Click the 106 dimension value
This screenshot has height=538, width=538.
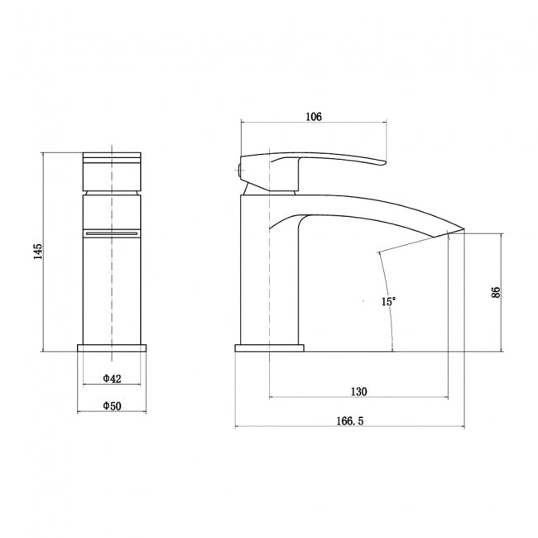point(313,117)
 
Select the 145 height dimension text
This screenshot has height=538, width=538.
point(36,252)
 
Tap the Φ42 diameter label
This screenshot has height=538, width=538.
point(113,378)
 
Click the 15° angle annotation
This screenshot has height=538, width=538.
point(388,302)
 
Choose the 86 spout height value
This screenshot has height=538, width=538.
point(495,292)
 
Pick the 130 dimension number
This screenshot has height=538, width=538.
point(359,391)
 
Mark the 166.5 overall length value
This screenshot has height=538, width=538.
point(350,421)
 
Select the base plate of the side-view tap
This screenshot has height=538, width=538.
point(270,348)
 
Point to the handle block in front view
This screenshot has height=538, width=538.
point(113,171)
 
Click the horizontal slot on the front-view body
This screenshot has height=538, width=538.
point(113,234)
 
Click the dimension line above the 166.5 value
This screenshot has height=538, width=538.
point(350,428)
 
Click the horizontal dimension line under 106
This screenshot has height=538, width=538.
point(313,123)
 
